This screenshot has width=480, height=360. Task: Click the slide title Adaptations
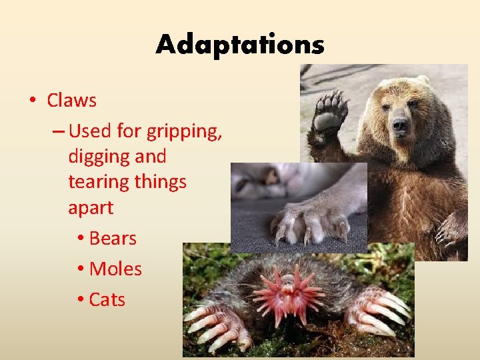pyautogui.click(x=240, y=45)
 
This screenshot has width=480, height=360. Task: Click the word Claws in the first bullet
pyautogui.click(x=71, y=101)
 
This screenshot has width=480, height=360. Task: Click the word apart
pyautogui.click(x=91, y=208)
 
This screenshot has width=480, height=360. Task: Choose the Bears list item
pyautogui.click(x=112, y=238)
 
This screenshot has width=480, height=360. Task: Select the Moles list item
pyautogui.click(x=115, y=269)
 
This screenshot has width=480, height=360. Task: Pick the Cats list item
pyautogui.click(x=107, y=299)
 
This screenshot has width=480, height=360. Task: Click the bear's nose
pyautogui.click(x=400, y=125)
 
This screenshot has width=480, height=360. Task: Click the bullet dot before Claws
pyautogui.click(x=31, y=101)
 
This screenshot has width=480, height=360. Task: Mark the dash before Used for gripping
pyautogui.click(x=57, y=131)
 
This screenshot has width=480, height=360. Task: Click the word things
pyautogui.click(x=165, y=182)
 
